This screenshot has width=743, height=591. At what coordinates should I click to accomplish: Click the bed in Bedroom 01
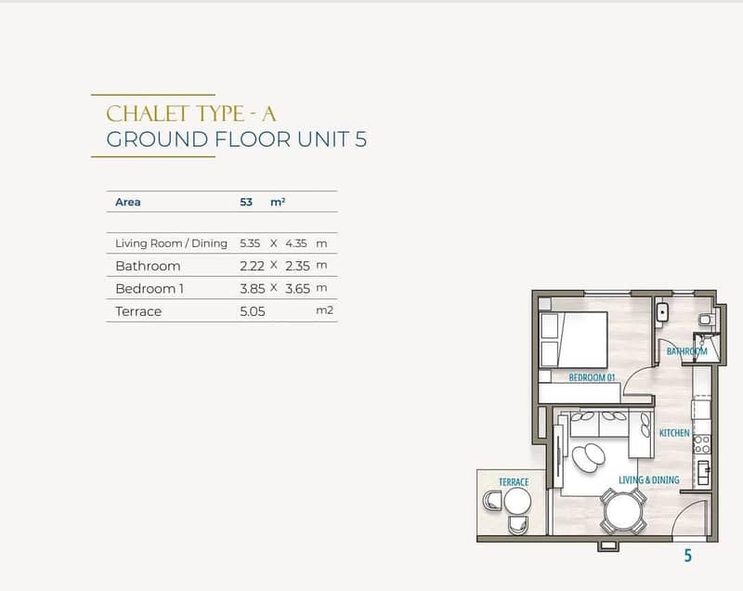coord(574,339)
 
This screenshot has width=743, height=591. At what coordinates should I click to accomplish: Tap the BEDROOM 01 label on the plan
coord(592,377)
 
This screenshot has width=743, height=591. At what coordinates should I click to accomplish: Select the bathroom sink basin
coord(662,312)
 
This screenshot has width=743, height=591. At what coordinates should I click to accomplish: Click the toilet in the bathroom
coord(707,320)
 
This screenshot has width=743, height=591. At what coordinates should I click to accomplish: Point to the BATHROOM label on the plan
coord(686,351)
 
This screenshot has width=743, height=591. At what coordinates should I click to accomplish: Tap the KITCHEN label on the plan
coord(674,433)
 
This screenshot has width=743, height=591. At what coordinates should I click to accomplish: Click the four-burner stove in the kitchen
coord(702,444)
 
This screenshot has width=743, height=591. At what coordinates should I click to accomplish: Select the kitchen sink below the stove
coord(703,472)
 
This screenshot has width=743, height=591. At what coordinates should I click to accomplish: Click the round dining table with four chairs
coord(623,512)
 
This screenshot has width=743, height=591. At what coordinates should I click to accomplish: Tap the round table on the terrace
coord(517,501)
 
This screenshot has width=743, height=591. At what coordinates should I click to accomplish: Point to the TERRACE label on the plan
coord(514,482)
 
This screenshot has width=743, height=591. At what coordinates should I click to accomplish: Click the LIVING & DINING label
coord(648,479)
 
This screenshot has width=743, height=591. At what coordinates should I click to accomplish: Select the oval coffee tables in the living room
coord(589,456)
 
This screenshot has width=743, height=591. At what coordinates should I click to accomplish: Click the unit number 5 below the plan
coord(687,555)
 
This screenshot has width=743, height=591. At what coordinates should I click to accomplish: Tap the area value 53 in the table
coord(246,202)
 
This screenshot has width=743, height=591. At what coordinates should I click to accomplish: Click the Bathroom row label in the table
coord(148,266)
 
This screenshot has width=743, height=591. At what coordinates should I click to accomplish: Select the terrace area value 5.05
coord(252,311)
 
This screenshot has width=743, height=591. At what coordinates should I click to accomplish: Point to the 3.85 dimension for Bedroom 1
coord(252,289)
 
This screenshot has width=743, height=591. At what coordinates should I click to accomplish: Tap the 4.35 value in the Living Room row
coord(296,243)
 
